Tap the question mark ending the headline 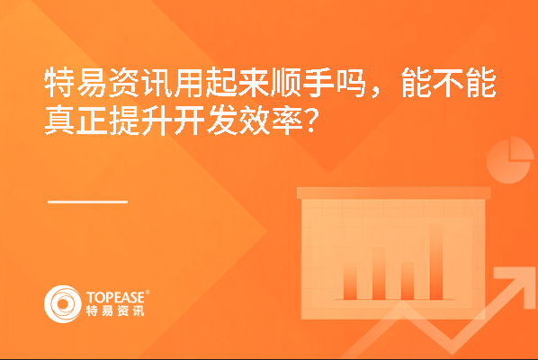311,121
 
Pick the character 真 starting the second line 59,120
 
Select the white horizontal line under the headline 87,202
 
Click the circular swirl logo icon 63,304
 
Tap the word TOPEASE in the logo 115,297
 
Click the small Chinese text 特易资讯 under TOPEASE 115,310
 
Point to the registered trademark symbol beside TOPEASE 148,292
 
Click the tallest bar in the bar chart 435,262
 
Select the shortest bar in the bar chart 350,281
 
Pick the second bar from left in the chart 379,274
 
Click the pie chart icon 510,160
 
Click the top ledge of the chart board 393,193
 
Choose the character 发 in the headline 221,120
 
